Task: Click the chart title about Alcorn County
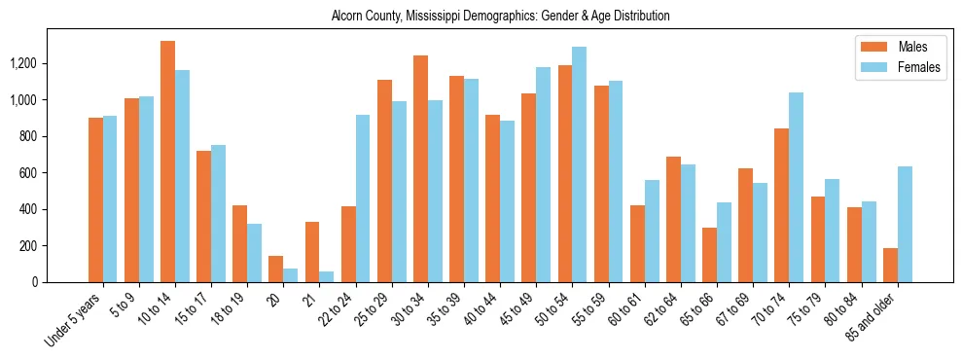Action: (x=500, y=16)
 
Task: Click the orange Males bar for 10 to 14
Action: (x=167, y=162)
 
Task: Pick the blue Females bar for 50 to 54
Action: (x=580, y=164)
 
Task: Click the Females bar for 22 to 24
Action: (x=363, y=198)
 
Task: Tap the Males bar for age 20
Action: (x=276, y=269)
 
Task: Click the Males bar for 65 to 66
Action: (x=709, y=255)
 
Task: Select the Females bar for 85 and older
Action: (x=905, y=224)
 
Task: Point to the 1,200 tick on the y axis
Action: (x=51, y=63)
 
